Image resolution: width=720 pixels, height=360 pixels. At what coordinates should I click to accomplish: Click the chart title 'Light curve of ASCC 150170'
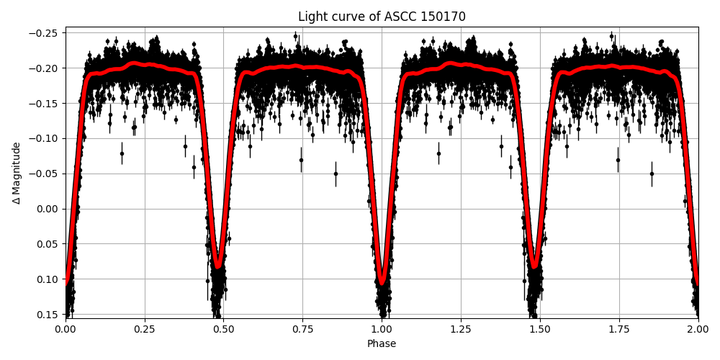click(x=382, y=17)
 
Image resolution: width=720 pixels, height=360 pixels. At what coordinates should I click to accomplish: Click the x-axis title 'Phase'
click(x=382, y=344)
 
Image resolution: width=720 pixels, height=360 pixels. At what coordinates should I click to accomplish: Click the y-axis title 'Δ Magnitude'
click(x=17, y=173)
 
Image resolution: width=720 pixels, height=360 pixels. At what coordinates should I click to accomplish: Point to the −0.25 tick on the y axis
click(x=48, y=33)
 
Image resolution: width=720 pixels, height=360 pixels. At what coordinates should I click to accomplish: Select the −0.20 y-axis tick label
click(x=48, y=68)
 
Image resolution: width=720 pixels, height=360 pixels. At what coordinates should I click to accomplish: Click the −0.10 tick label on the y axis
click(x=48, y=138)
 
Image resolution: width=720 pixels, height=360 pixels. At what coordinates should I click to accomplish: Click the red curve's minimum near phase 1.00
click(x=382, y=282)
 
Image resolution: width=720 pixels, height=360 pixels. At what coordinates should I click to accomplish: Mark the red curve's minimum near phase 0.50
click(x=217, y=265)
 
